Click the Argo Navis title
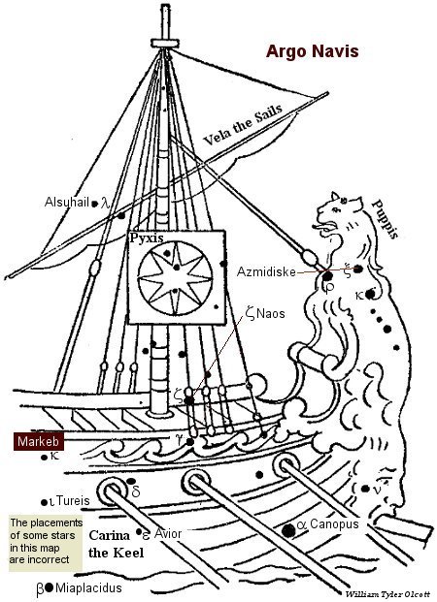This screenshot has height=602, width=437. point(312,51)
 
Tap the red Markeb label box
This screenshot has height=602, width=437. point(39,441)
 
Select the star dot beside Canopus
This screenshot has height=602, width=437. point(288,530)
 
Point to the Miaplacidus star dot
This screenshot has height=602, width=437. point(49,587)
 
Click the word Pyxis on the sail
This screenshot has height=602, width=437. point(147,238)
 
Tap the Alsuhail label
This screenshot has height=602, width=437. point(67,203)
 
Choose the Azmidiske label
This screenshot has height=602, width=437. point(266,271)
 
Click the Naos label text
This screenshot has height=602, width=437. point(271,314)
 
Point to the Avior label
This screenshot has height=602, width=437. point(168,533)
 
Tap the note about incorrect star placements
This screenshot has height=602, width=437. point(46,541)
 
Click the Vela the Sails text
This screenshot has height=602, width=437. point(243,124)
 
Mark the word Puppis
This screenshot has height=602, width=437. point(386,219)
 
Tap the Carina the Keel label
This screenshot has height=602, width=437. point(117,544)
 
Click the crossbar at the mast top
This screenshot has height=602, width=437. point(165,43)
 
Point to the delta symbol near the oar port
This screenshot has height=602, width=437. point(136,491)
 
